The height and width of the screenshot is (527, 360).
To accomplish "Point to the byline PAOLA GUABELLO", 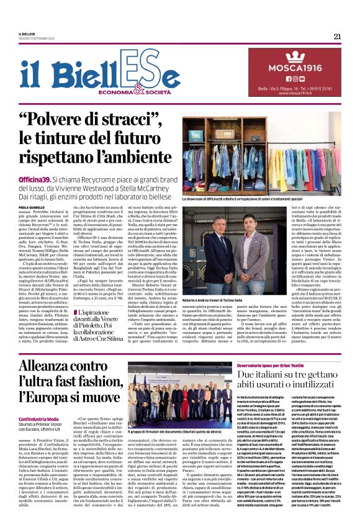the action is click(x=31, y=207).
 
